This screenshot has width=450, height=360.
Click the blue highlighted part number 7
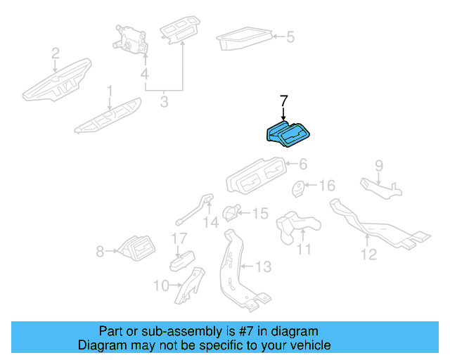(288, 134)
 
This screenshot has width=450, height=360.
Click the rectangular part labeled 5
(244, 40)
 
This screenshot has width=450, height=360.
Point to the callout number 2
(56, 53)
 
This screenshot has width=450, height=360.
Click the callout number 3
(164, 103)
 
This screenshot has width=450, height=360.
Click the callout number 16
(328, 186)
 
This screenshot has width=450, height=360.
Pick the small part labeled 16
(300, 188)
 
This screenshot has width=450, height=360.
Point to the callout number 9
(378, 166)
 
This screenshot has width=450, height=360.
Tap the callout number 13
(262, 267)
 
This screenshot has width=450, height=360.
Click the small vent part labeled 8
(135, 249)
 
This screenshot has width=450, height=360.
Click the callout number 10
(161, 285)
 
